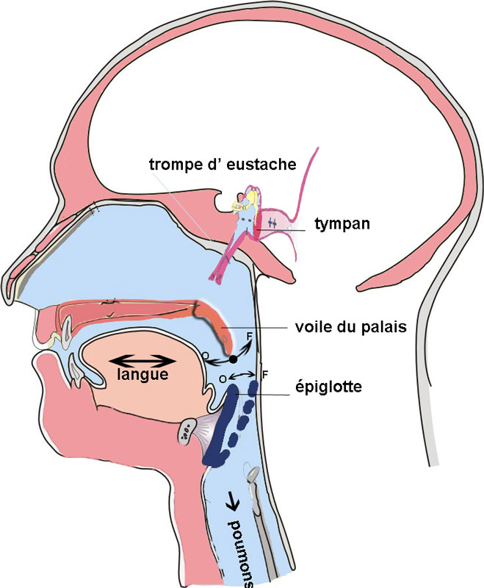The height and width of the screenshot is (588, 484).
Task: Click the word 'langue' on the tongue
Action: pos(144,375)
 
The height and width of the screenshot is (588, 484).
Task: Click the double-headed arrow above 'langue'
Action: pos(144,360)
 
